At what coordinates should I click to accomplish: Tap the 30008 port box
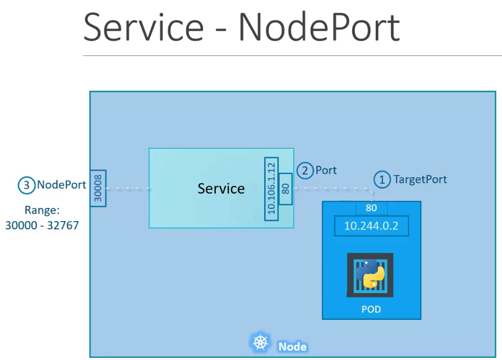pyautogui.click(x=98, y=188)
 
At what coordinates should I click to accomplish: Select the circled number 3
pyautogui.click(x=26, y=185)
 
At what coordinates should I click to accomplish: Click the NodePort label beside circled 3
pyautogui.click(x=62, y=185)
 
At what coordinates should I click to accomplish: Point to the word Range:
pyautogui.click(x=42, y=210)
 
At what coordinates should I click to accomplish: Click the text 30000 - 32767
pyautogui.click(x=42, y=224)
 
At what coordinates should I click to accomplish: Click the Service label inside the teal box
pyautogui.click(x=221, y=188)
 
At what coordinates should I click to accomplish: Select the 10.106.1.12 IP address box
pyautogui.click(x=271, y=189)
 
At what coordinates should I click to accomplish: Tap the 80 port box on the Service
pyautogui.click(x=285, y=189)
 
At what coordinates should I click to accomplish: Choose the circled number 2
pyautogui.click(x=305, y=171)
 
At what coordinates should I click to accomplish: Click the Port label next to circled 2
pyautogui.click(x=326, y=171)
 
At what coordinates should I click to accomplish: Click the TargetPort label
pyautogui.click(x=420, y=179)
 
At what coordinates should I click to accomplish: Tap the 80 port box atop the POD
pyautogui.click(x=371, y=208)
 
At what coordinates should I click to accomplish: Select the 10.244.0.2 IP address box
pyautogui.click(x=371, y=226)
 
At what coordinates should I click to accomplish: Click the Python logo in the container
pyautogui.click(x=370, y=274)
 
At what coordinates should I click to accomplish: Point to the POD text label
pyautogui.click(x=371, y=310)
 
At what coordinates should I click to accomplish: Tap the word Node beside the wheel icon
pyautogui.click(x=292, y=347)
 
